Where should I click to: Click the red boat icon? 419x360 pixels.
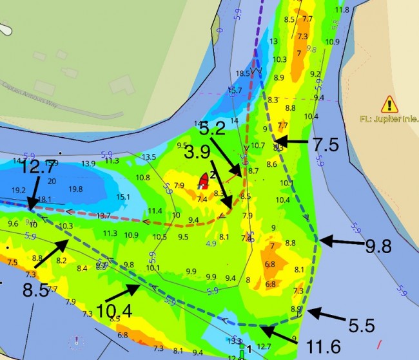(x=206, y=180)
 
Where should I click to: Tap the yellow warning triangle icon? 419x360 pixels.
(x=389, y=104)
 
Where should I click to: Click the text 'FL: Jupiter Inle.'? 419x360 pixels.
(x=389, y=119)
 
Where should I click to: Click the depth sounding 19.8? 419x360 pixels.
(x=75, y=189)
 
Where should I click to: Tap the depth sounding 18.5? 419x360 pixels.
(x=244, y=73)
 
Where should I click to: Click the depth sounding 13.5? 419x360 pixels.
(x=149, y=157)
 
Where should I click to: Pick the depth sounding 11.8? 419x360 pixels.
(x=342, y=10)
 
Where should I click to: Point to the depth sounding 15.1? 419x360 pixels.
(x=123, y=197)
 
